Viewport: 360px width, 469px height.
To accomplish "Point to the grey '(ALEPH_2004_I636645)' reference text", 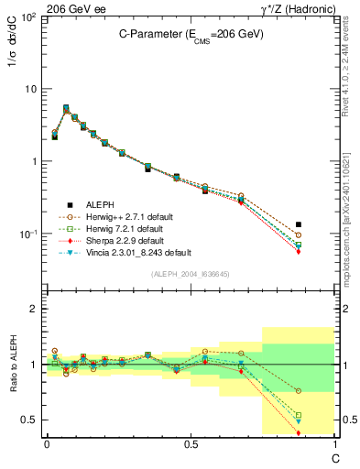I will click(x=190, y=275).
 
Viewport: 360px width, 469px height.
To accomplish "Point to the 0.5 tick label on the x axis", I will click(x=190, y=443).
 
